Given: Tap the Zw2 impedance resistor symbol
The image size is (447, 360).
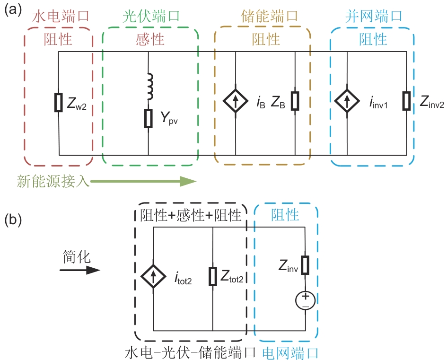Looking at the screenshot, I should pos(58,102).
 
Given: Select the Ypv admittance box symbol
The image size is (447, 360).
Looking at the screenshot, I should pos(149,118).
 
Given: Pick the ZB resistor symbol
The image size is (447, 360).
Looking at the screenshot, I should pos(295,101).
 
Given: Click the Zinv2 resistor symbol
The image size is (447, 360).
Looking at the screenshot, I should pos(406,101).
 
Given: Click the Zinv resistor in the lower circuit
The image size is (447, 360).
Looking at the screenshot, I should pos(305,265).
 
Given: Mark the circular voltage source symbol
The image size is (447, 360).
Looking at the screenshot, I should pos(305,300).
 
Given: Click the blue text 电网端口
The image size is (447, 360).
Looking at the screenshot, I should pos(290,353).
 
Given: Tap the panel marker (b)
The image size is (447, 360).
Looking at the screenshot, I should pos(14,220).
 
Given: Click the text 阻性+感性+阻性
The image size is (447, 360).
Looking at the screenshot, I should pos(191,215).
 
